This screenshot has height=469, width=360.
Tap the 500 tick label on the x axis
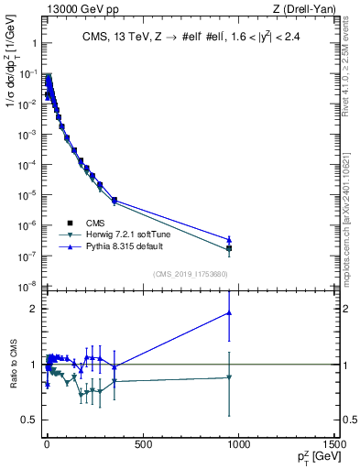[x=142, y=444]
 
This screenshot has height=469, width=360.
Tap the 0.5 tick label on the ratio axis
[x=27, y=420]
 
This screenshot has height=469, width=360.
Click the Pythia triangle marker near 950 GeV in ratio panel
[x=229, y=313]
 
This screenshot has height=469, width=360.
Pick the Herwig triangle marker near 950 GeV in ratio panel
[x=229, y=377]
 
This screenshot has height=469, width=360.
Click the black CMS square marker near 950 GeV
[x=229, y=248]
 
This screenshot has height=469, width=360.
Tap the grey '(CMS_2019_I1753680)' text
[x=190, y=272]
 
